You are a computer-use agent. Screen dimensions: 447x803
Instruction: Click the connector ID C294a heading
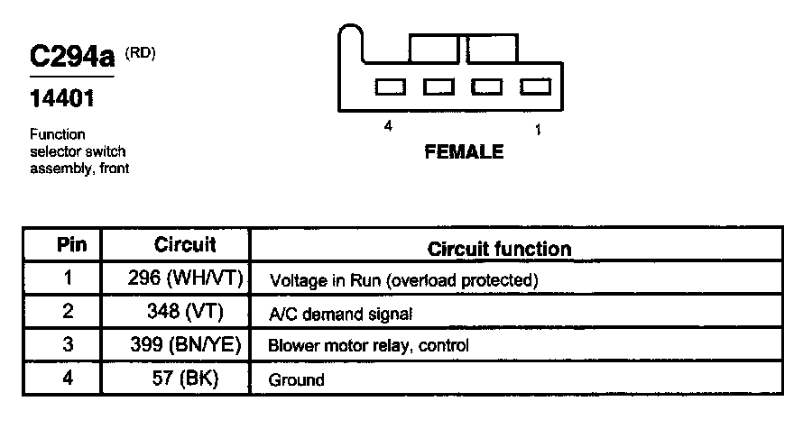coord(72,58)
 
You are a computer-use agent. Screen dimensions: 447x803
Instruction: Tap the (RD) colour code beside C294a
coord(140,53)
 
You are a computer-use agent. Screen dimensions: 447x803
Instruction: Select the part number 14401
coord(62,98)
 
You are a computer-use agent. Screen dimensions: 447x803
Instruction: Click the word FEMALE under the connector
coord(464,152)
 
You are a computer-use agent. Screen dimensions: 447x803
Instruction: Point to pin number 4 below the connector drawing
coord(388,127)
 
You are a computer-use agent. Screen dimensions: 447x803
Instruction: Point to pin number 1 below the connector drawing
coord(538,130)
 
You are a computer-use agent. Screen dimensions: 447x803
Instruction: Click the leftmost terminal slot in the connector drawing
coord(389,87)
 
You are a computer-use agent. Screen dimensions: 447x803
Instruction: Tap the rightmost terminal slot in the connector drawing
coord(536,87)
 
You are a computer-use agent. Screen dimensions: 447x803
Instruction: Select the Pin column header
coord(71,245)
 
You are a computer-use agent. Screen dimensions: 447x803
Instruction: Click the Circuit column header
coord(185,245)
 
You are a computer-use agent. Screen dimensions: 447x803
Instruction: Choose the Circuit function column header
coord(499,249)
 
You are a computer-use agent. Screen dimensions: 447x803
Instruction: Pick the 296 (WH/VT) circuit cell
coord(186,278)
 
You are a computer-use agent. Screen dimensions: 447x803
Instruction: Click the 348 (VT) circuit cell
coord(186,312)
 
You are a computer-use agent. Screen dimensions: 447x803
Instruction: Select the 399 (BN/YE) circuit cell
coord(186,345)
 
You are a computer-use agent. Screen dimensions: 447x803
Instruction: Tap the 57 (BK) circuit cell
coord(186,379)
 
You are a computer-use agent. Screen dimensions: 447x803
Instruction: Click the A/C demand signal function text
coord(340,314)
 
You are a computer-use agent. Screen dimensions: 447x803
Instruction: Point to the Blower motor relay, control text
coord(368,346)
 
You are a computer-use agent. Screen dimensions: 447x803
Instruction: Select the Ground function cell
coord(296,379)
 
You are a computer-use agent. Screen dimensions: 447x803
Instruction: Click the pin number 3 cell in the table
coord(68,345)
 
